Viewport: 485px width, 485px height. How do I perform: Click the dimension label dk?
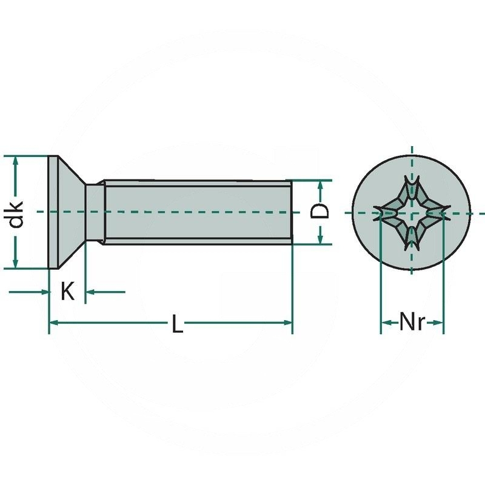17,213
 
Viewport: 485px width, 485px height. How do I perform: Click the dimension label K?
67,292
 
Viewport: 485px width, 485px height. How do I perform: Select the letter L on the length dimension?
176,325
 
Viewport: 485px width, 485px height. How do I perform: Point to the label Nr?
412,322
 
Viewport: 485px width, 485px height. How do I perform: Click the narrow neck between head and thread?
94,212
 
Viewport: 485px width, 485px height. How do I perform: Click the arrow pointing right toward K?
44,292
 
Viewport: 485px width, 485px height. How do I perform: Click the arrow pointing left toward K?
89,292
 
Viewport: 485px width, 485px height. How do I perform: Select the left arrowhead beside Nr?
385,323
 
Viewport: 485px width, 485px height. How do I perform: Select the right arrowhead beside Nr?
439,323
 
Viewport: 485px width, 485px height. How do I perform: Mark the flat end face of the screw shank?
292,212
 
